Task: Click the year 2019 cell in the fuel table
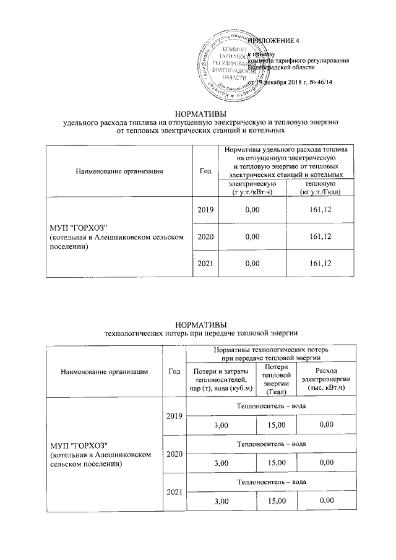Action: click(205, 211)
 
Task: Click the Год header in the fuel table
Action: click(205, 171)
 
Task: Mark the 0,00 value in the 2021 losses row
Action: click(324, 500)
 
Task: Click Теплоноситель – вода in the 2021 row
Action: click(272, 481)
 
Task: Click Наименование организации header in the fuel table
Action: click(111, 171)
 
